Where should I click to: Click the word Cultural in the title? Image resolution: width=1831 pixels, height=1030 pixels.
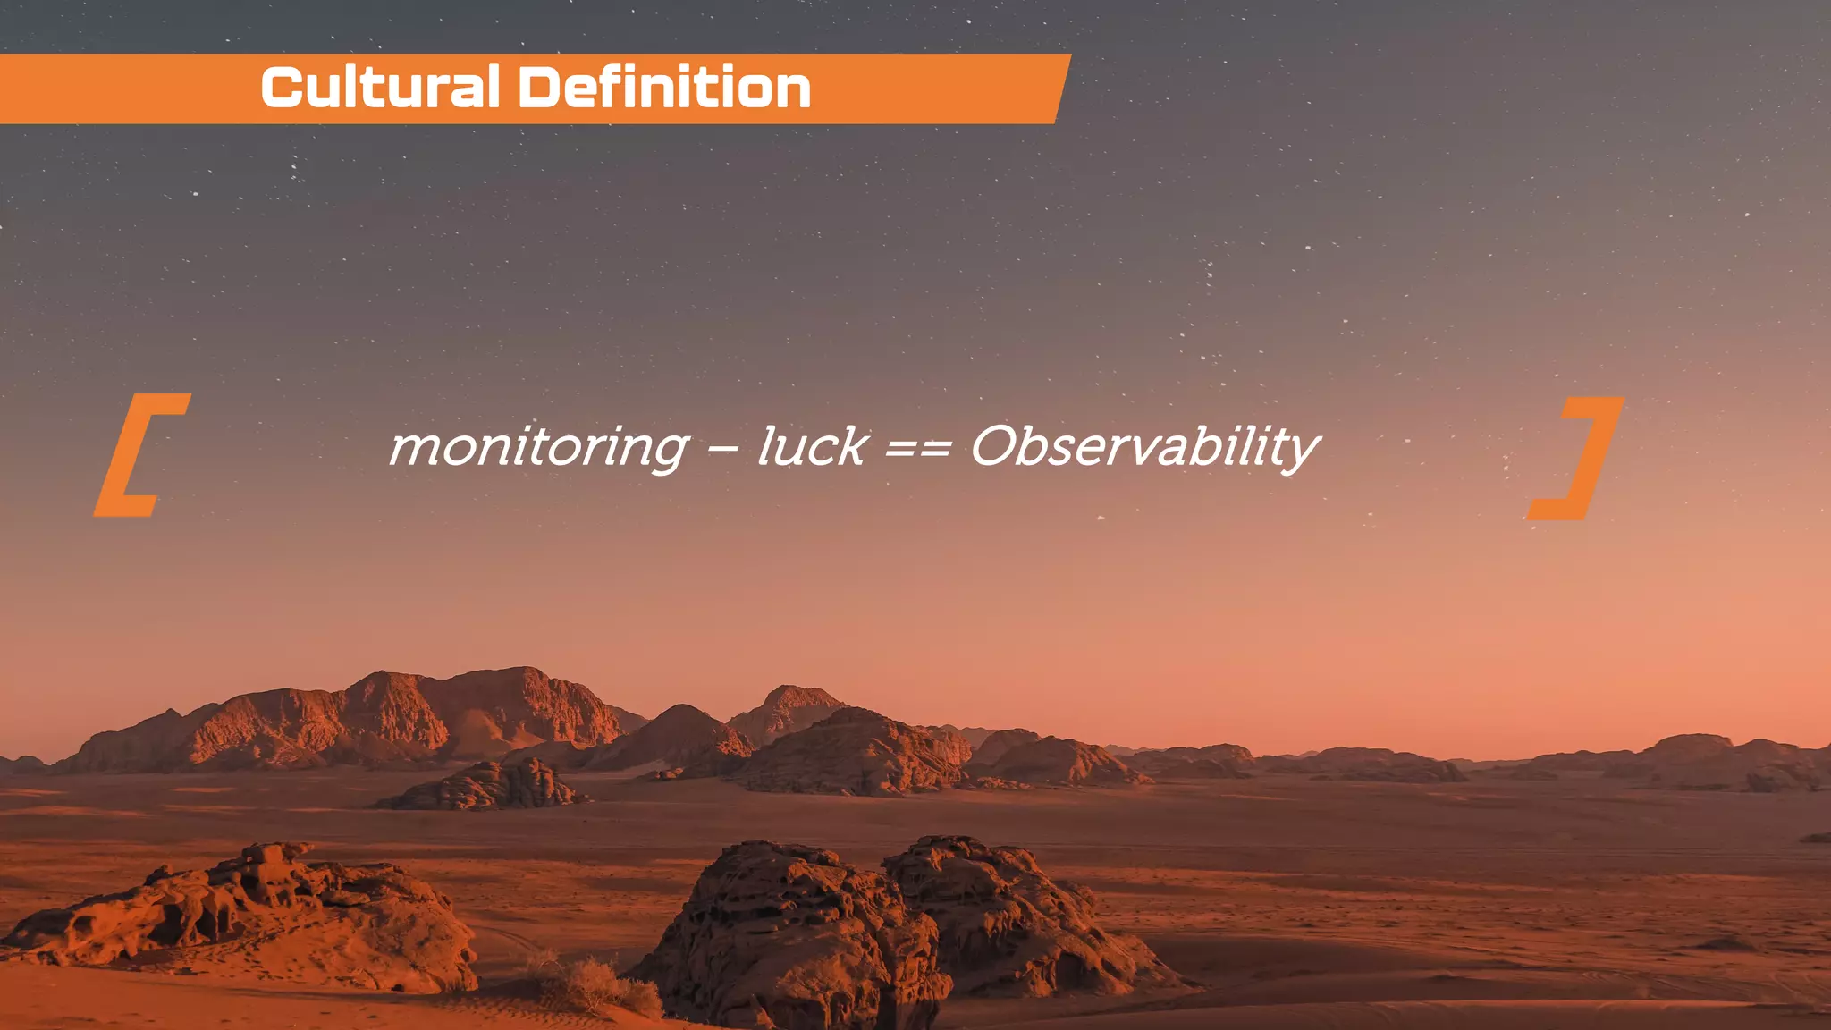[380, 88]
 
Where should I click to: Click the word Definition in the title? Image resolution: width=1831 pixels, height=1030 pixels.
[664, 88]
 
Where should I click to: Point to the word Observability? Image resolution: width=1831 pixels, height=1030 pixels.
[1144, 447]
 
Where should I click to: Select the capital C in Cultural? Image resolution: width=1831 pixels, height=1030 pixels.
[281, 88]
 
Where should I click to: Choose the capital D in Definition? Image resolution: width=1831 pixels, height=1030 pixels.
[540, 88]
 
